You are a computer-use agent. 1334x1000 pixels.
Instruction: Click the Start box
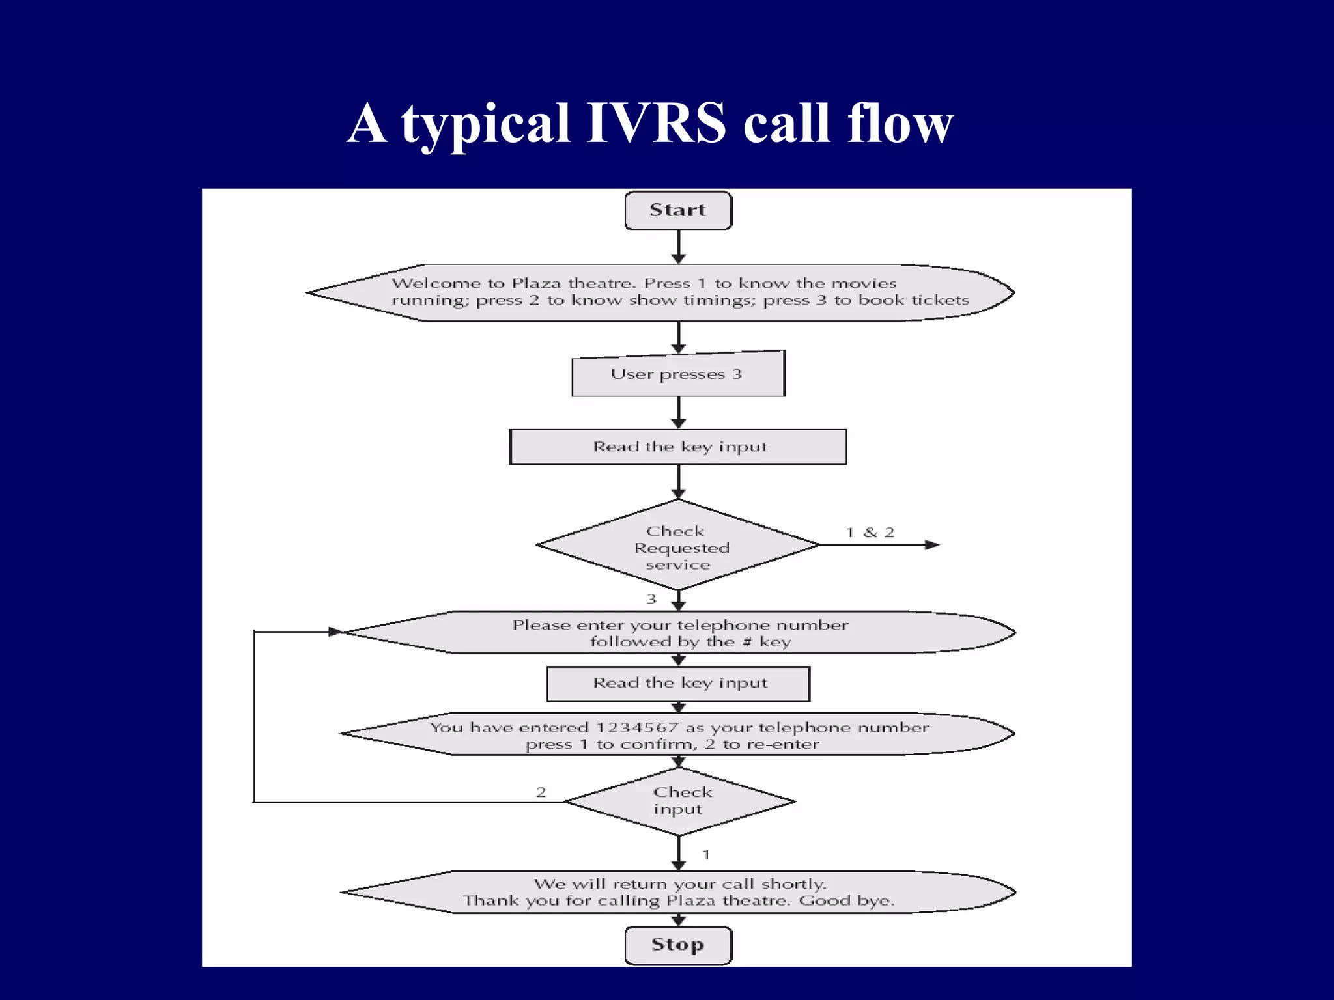coord(678,210)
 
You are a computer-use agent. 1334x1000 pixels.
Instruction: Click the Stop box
coord(678,945)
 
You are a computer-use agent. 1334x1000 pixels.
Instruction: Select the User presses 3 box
coord(678,374)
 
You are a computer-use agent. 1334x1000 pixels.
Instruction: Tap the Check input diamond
coord(679,801)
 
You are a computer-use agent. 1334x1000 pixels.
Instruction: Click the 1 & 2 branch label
coord(870,533)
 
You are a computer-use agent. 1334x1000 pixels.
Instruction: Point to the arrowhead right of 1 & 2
coord(932,545)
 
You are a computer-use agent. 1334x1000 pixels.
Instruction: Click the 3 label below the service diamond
coord(651,599)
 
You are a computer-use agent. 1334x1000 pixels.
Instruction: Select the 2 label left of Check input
coord(541,792)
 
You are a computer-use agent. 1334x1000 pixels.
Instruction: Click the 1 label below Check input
coord(706,855)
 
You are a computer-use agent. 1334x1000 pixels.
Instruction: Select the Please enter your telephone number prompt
coord(679,633)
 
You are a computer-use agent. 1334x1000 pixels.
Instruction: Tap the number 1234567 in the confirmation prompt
coord(637,728)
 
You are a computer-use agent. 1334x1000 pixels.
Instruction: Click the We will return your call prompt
coord(679,892)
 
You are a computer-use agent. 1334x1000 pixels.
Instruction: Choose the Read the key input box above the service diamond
coord(678,447)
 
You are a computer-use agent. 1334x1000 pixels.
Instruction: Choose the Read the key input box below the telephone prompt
coord(678,684)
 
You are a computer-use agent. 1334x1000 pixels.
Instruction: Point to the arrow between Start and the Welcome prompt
coord(679,247)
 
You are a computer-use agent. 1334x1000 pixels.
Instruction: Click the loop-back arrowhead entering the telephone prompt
coord(335,632)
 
